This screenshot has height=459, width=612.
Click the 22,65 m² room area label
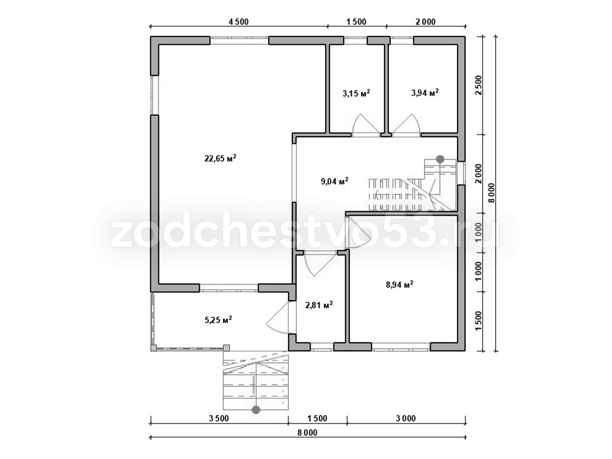click(x=220, y=158)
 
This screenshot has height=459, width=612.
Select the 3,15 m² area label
click(x=356, y=93)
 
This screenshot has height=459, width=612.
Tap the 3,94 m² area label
click(x=425, y=92)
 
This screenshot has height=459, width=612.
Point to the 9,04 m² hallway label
click(x=334, y=182)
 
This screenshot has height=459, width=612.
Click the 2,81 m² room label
click(x=319, y=305)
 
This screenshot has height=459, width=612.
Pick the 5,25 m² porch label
click(x=218, y=320)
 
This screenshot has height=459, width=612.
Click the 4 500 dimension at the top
click(x=238, y=21)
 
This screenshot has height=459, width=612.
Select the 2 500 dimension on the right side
click(x=478, y=85)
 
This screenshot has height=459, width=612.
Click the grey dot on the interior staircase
click(x=440, y=159)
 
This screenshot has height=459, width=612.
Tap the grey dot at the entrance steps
click(x=256, y=410)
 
